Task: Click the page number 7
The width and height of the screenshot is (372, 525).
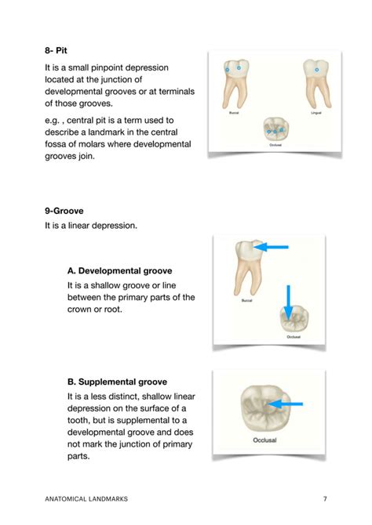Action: (325, 498)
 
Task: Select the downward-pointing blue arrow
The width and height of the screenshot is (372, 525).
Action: (289, 302)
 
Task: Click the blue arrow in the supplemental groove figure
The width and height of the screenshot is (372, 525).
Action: (286, 404)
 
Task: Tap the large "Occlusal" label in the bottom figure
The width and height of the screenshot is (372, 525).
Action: (265, 440)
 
